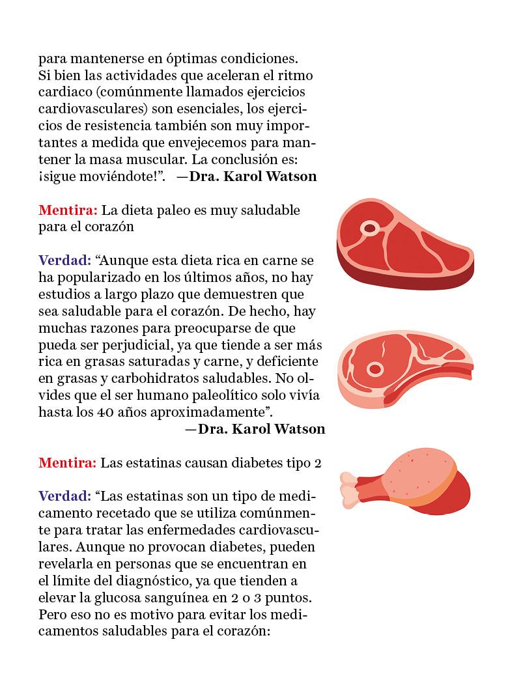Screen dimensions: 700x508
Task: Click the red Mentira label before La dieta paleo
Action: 68,210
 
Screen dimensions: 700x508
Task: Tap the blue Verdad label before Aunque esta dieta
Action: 64,260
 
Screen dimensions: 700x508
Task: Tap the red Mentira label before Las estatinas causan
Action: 68,463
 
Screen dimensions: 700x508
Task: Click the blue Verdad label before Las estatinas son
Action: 64,496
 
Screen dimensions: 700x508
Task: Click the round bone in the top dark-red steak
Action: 371,228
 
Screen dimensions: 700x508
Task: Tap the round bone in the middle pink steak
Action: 374,369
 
